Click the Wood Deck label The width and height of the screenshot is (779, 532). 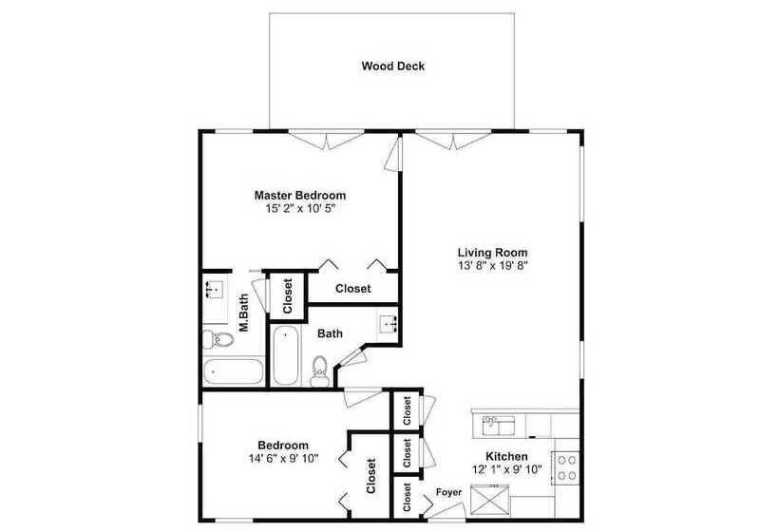(393, 66)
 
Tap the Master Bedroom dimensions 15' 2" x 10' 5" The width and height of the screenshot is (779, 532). (300, 209)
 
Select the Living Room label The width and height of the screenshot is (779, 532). (492, 253)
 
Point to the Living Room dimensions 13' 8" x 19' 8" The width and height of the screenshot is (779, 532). (492, 266)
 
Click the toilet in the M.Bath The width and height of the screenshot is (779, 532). (218, 340)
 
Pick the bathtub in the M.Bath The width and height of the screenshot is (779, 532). (233, 371)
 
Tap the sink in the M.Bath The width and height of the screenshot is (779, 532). (215, 290)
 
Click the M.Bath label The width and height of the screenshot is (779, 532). (244, 313)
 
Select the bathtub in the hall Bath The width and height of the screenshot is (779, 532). (285, 355)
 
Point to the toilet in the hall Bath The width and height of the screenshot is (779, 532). (319, 371)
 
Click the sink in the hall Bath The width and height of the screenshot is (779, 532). (389, 324)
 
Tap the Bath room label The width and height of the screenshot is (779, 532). (330, 333)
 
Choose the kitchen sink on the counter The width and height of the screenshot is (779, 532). (498, 426)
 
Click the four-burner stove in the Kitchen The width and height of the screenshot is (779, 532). (566, 467)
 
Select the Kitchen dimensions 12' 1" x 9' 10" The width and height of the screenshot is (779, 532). (506, 469)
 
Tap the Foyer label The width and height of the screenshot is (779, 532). (449, 492)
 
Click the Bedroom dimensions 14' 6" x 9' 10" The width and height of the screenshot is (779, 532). (283, 459)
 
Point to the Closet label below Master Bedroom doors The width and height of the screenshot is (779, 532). (353, 289)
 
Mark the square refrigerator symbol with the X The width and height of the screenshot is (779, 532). (490, 500)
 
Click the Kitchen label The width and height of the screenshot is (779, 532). (506, 457)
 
